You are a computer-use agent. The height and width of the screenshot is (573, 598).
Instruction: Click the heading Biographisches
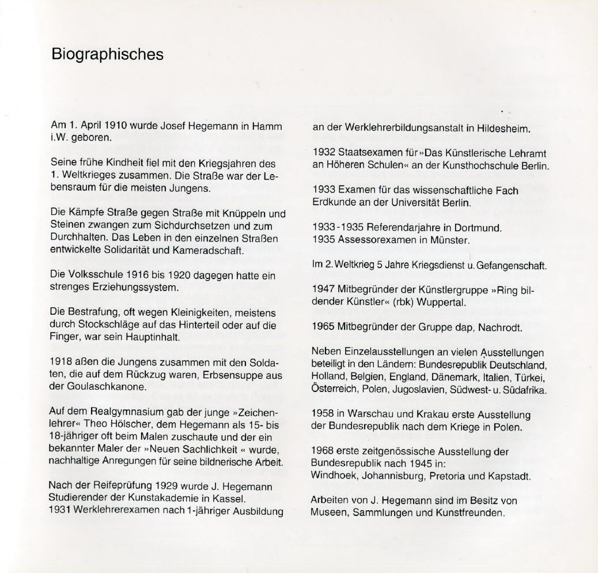(107, 55)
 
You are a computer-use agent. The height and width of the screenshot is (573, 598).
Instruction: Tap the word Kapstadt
(508, 476)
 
